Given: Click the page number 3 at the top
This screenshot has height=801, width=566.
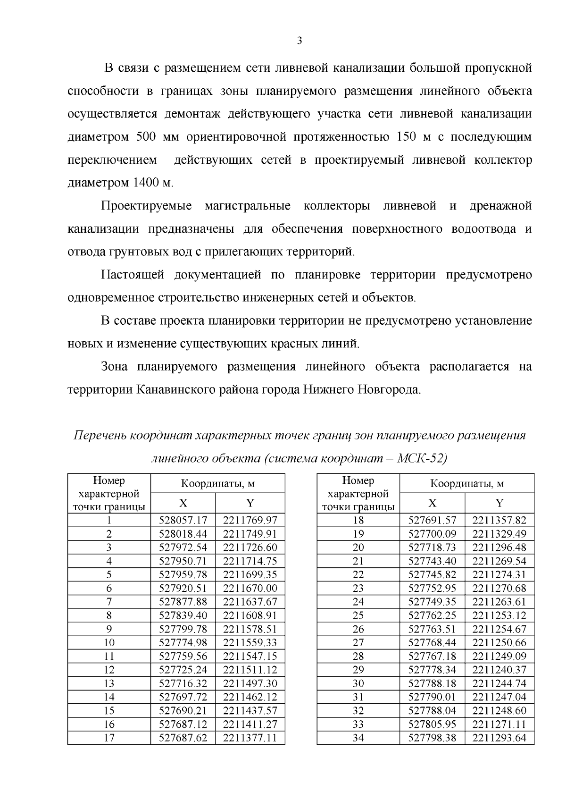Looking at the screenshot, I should [300, 41].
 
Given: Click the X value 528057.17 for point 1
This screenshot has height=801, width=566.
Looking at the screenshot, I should [183, 520].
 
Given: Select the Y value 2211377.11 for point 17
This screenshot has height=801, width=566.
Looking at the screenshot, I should [250, 738].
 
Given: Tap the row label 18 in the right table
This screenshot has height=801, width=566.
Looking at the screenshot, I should [358, 520].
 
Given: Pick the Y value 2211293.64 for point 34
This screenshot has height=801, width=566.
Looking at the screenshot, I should [499, 738].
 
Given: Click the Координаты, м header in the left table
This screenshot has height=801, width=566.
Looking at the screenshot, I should [217, 484].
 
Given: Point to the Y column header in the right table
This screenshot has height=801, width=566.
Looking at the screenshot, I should [499, 503].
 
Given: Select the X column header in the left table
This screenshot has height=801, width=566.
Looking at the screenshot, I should [183, 503].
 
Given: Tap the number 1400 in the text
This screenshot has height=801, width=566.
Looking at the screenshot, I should [146, 183].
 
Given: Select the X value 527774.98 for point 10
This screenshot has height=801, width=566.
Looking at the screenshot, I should [183, 642].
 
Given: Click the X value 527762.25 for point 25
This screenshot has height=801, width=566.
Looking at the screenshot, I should [432, 616].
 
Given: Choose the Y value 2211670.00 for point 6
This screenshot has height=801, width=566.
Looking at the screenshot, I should [250, 588].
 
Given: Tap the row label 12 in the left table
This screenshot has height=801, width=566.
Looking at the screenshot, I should [109, 670].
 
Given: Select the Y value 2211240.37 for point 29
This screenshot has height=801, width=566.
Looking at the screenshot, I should [499, 670].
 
